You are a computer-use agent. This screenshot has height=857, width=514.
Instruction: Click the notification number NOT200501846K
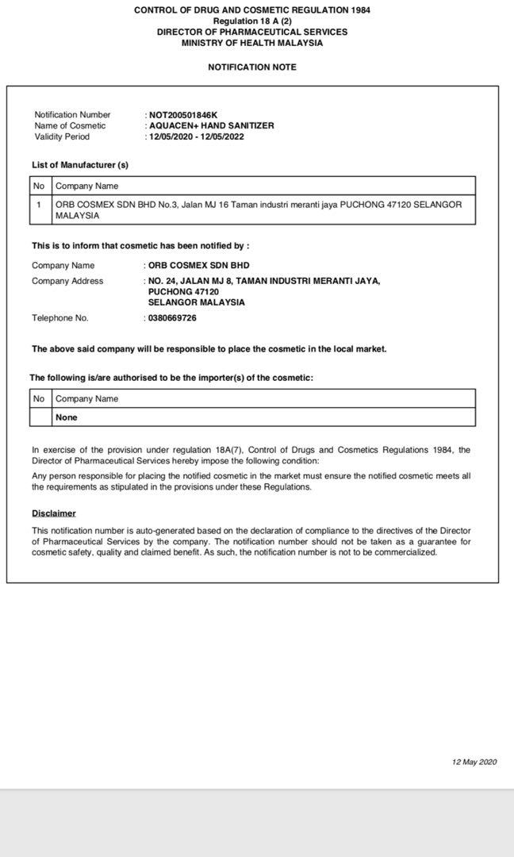pos(182,115)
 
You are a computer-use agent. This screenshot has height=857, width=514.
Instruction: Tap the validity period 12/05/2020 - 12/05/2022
pos(196,136)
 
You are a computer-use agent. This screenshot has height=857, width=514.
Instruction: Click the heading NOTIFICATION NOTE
pos(252,67)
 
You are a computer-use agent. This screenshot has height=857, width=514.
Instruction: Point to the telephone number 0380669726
pos(172,318)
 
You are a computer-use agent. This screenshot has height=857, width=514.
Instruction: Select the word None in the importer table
pos(67,417)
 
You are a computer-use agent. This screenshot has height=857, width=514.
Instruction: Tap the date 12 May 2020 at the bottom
pos(474,762)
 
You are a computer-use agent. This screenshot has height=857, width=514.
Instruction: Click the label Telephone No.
pos(60,318)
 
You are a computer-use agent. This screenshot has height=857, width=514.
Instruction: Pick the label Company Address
pos(67,281)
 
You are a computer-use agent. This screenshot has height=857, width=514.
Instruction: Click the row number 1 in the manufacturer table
pos(39,205)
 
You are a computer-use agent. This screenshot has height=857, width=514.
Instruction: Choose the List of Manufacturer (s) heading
pos(80,165)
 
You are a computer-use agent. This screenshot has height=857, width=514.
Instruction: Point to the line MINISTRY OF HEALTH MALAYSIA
pos(252,43)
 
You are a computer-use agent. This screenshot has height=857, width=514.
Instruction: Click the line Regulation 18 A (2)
pos(252,21)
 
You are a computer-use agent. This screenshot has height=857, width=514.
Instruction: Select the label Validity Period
pos(63,136)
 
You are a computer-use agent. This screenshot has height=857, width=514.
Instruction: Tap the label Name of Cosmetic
pos(70,126)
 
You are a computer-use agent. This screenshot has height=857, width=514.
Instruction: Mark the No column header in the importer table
pos(39,399)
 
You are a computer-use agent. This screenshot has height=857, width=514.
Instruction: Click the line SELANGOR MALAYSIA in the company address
pos(197,302)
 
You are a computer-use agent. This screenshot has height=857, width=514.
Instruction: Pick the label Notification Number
pos(73,115)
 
